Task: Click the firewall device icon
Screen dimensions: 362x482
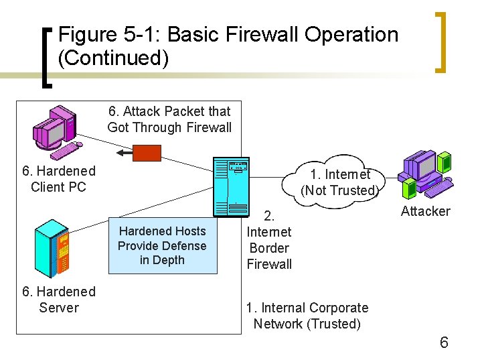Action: click(x=230, y=188)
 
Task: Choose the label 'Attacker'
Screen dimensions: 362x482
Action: click(x=425, y=212)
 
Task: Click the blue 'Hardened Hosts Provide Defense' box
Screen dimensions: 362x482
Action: click(x=163, y=245)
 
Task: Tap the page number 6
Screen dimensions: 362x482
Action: click(x=443, y=343)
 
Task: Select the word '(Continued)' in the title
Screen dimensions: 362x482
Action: click(x=113, y=58)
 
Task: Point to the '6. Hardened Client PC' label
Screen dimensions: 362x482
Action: click(x=59, y=179)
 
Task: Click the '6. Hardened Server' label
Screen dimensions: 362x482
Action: click(x=59, y=300)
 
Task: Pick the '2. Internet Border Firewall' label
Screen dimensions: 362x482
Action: click(x=269, y=240)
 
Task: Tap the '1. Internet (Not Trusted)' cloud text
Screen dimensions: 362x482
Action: click(x=340, y=182)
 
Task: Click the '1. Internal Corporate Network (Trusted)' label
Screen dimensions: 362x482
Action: click(x=307, y=316)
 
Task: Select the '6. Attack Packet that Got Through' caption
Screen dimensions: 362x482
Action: click(x=169, y=119)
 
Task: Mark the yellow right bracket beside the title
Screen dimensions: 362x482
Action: click(x=442, y=42)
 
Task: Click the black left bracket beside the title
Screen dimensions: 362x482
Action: click(x=47, y=57)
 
